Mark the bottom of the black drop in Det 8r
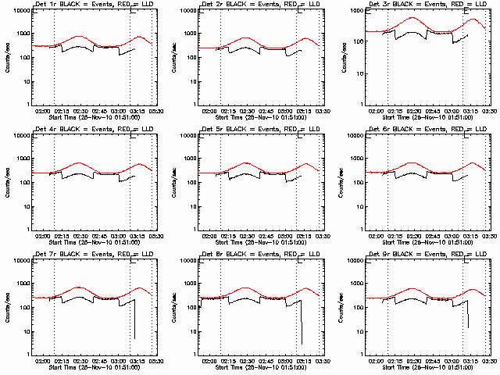[302, 343]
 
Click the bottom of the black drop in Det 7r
[134, 337]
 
